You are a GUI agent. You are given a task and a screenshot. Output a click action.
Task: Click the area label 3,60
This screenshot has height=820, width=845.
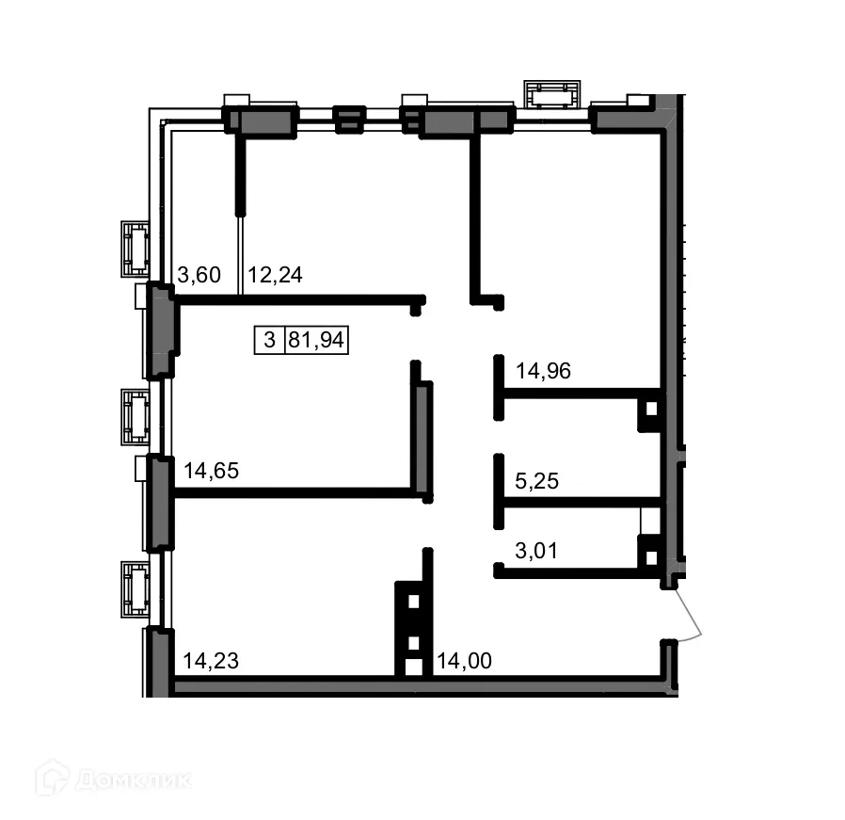tap(199, 275)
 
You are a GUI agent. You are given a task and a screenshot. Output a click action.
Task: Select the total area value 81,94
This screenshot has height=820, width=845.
tap(316, 340)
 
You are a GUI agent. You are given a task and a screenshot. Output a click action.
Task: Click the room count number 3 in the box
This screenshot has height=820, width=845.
tap(269, 340)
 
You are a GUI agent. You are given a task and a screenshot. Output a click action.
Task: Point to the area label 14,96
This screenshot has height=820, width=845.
tap(543, 371)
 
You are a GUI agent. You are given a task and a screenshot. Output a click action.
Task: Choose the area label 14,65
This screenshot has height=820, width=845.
tap(212, 471)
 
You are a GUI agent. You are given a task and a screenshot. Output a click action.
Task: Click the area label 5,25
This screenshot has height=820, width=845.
tap(537, 481)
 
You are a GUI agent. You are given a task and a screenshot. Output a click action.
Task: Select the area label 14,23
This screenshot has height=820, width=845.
tap(211, 661)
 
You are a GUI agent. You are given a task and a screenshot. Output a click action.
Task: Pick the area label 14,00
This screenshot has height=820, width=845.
tap(463, 661)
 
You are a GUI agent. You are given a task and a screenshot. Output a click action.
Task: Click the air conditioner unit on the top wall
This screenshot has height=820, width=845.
tap(551, 95)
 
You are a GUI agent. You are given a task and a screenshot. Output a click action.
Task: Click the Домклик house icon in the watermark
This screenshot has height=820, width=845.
tap(53, 779)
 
